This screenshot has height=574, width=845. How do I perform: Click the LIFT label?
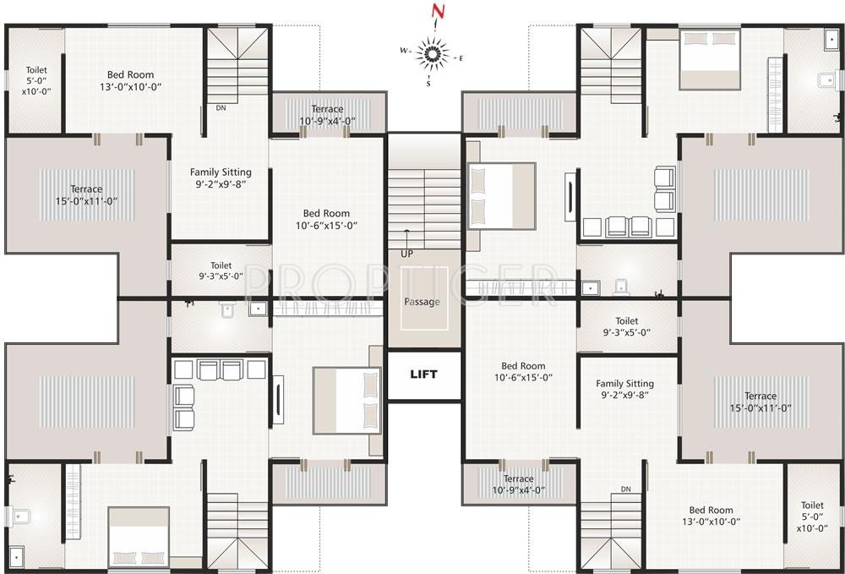423,374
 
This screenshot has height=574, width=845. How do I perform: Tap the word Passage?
422,302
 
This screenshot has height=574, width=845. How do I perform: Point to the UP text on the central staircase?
407,253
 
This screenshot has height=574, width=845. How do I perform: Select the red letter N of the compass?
437,12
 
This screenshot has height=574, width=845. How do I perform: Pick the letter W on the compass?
404,51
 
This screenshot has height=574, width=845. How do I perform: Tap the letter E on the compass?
461,57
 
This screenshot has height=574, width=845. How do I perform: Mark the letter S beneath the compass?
428,84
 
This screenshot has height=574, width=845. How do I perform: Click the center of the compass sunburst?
433,55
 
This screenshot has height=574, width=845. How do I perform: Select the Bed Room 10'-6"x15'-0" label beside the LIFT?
522,372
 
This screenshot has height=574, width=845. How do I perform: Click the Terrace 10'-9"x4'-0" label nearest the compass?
327,115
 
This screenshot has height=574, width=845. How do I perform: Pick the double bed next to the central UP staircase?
501,196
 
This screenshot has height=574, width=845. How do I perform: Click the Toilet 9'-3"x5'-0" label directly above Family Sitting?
626,326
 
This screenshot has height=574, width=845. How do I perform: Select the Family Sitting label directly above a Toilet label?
218,178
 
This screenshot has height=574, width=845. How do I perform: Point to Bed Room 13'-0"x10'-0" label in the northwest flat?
130,80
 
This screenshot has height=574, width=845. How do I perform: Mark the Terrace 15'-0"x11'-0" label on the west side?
85,194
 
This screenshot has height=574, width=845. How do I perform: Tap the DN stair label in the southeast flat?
625,489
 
